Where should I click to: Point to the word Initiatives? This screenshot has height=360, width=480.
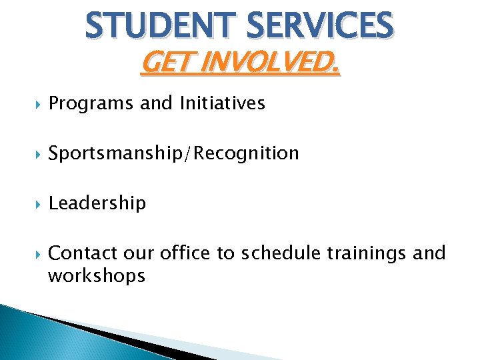coord(222,103)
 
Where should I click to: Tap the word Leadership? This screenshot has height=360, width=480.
coord(97,203)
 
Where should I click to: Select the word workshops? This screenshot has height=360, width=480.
coord(97,275)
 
